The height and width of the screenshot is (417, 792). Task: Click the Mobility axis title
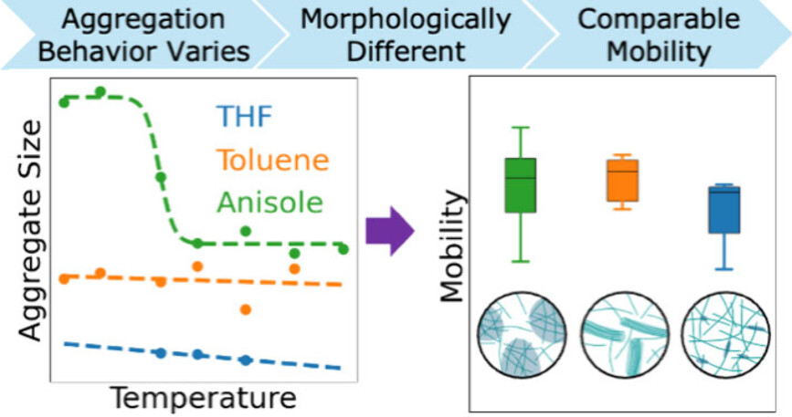click(453, 245)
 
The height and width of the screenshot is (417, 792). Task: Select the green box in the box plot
click(521, 185)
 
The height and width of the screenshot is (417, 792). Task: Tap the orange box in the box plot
click(623, 180)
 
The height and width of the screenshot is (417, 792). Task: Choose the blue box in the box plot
click(724, 209)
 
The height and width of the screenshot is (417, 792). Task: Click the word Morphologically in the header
click(407, 19)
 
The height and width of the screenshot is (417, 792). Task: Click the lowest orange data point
click(245, 309)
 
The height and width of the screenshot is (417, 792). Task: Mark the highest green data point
click(100, 91)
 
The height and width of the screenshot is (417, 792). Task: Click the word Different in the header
click(407, 51)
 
